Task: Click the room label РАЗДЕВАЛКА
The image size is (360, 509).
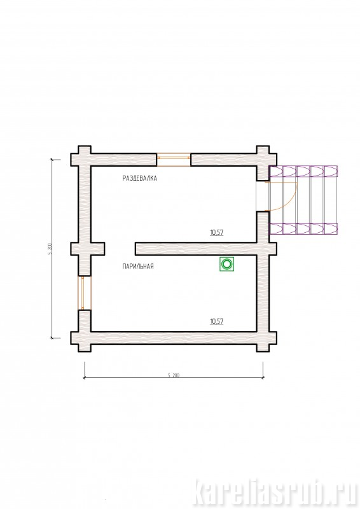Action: tap(139, 178)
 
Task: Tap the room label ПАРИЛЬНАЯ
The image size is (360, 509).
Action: tap(138, 267)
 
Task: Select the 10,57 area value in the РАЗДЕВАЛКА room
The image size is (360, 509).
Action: tap(216, 232)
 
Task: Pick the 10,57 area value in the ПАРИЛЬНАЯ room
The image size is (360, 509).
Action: tap(216, 321)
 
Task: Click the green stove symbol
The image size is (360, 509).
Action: tap(226, 264)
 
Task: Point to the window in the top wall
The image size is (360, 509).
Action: tap(174, 160)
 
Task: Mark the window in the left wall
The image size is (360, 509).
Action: tap(85, 293)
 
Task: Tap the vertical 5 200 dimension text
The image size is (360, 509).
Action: tap(50, 248)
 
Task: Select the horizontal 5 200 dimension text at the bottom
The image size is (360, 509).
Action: tap(174, 375)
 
